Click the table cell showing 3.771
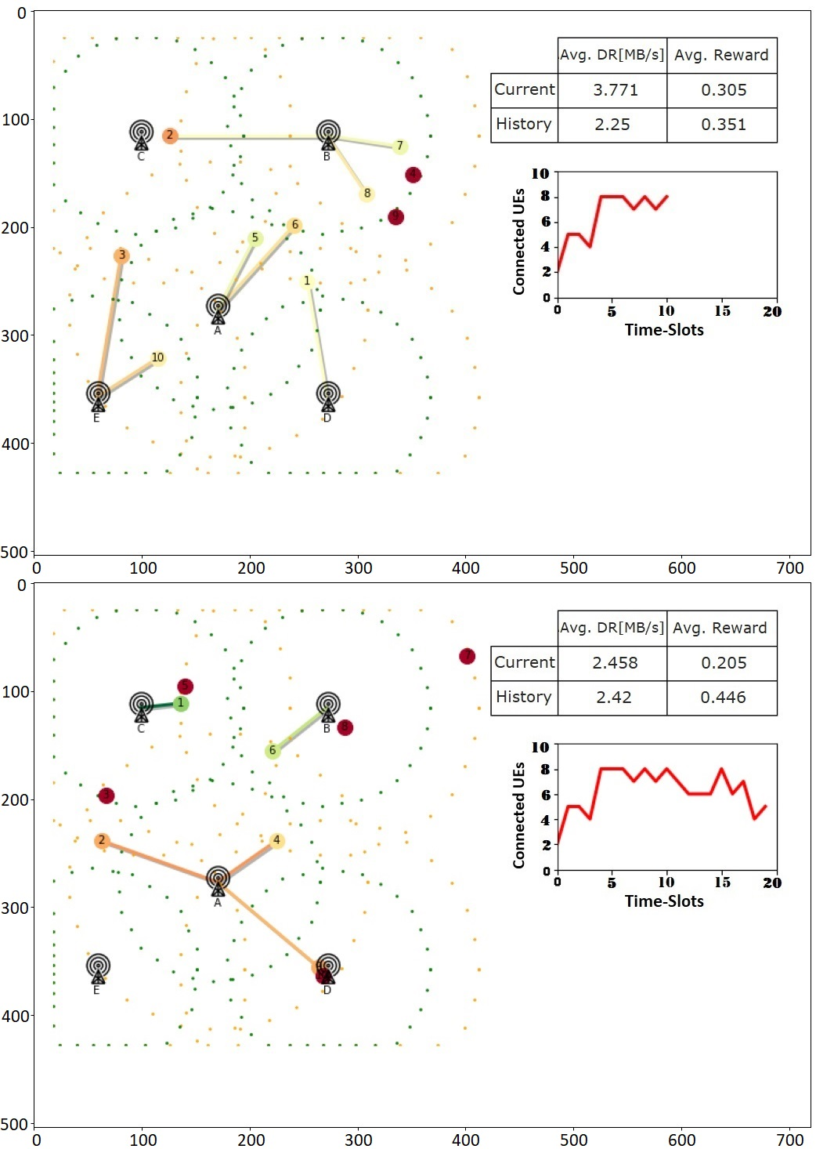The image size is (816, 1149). [615, 90]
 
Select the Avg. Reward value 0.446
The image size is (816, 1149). [723, 697]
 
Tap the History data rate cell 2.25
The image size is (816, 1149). [612, 125]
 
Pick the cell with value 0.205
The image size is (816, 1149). [723, 663]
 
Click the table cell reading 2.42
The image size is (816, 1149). [613, 697]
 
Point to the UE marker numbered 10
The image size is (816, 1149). [157, 358]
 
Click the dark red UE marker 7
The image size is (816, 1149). [467, 656]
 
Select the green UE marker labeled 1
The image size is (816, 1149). [181, 704]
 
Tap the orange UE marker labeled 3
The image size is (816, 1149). [121, 256]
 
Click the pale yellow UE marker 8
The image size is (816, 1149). [366, 194]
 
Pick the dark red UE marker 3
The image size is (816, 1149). [107, 796]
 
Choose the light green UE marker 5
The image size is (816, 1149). [255, 238]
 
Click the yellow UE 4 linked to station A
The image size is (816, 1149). [276, 840]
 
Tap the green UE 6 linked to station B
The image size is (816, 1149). [273, 751]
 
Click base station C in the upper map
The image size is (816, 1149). [141, 135]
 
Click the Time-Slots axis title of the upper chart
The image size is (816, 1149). [664, 330]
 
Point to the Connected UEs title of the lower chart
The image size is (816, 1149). [518, 814]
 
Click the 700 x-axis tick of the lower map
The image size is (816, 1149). [789, 1140]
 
